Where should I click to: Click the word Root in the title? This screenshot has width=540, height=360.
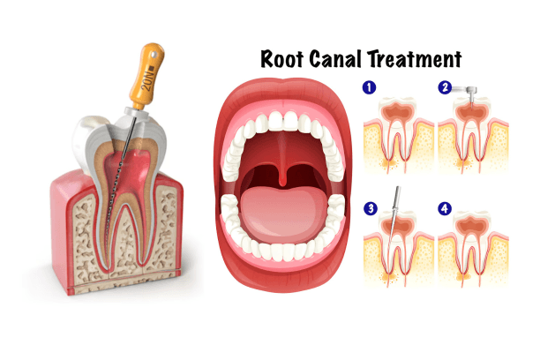pyautogui.click(x=281, y=59)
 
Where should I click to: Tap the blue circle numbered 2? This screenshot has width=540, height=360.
pyautogui.click(x=446, y=88)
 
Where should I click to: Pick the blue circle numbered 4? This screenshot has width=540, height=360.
pyautogui.click(x=446, y=209)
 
